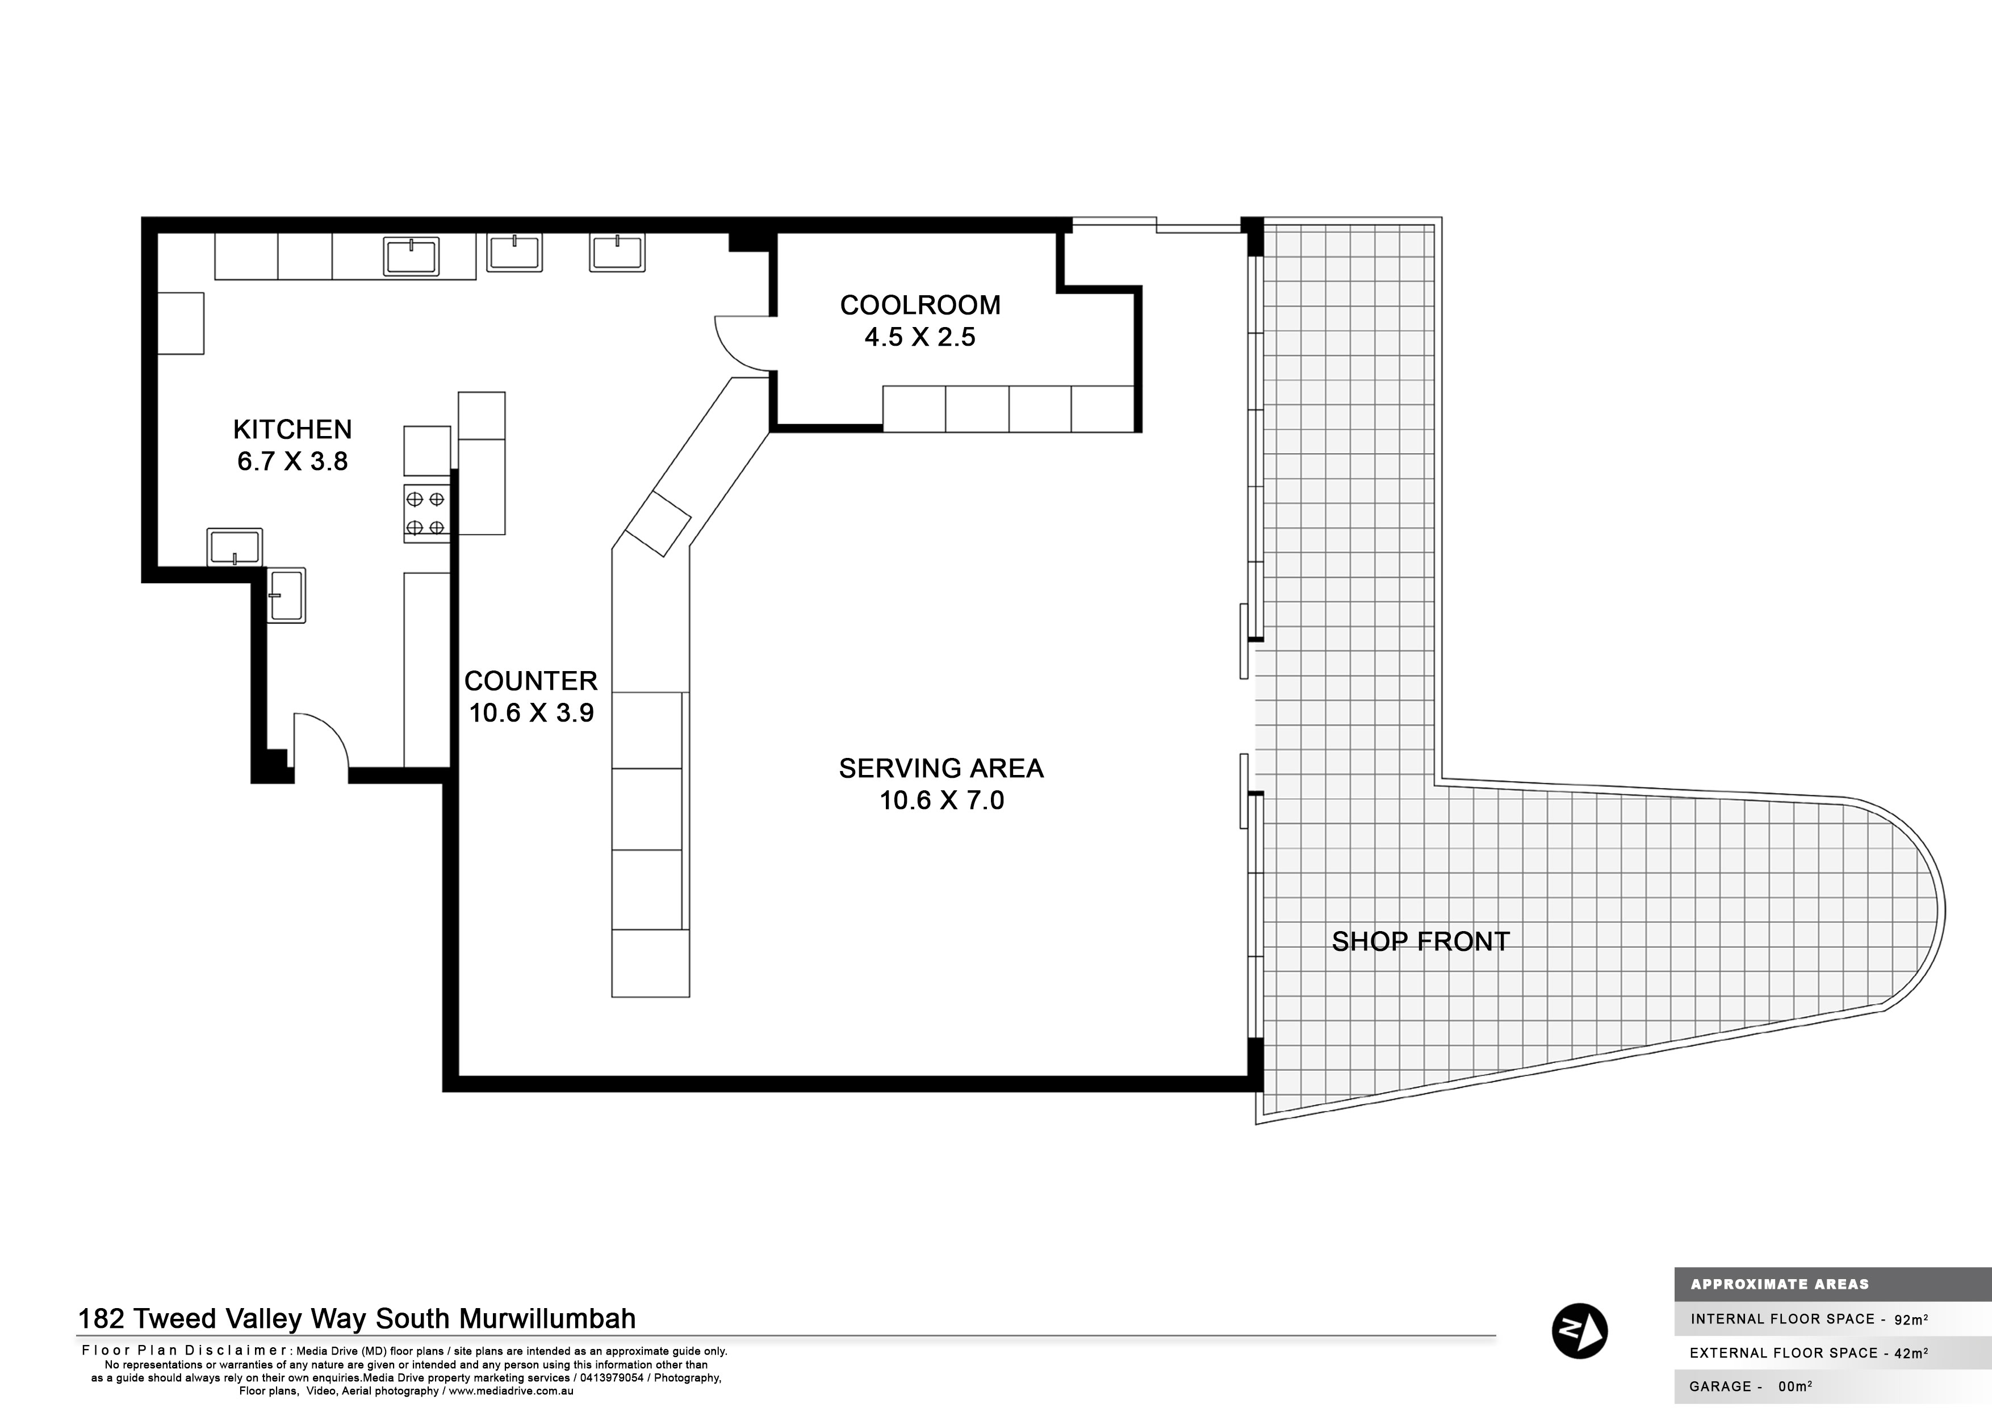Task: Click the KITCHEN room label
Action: pyautogui.click(x=292, y=429)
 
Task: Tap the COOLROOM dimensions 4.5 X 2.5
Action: pyautogui.click(x=920, y=337)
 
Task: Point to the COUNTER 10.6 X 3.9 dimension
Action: pyautogui.click(x=531, y=713)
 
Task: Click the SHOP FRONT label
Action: pyautogui.click(x=1420, y=942)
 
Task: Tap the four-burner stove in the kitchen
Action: pyautogui.click(x=426, y=513)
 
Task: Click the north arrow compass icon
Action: pyautogui.click(x=1579, y=1330)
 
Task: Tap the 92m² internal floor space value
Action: pyautogui.click(x=1910, y=1319)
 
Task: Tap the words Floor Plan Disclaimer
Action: pyautogui.click(x=185, y=1350)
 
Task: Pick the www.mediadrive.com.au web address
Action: pyautogui.click(x=511, y=1390)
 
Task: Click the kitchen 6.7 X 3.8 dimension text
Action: pyautogui.click(x=292, y=462)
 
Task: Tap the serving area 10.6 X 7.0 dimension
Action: pyautogui.click(x=941, y=800)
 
